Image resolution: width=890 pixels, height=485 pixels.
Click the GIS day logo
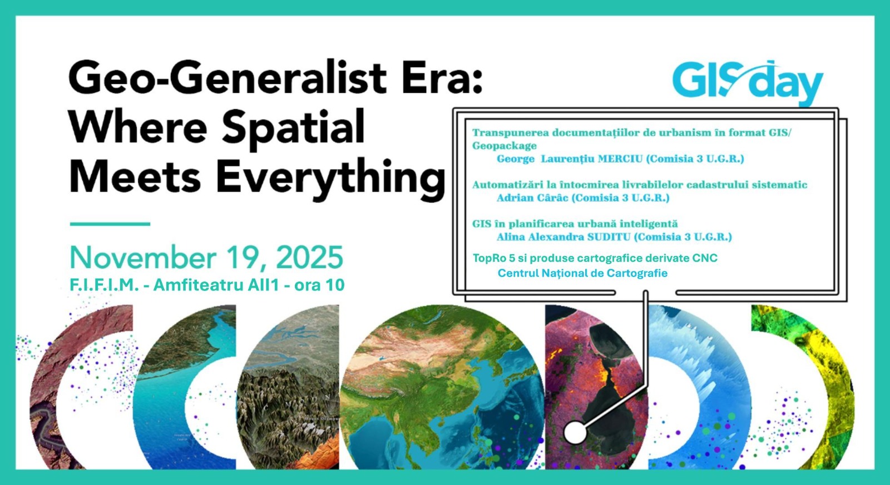pyautogui.click(x=748, y=83)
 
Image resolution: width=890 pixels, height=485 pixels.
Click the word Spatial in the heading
pyautogui.click(x=293, y=128)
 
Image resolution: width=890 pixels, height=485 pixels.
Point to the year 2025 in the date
pyautogui.click(x=309, y=258)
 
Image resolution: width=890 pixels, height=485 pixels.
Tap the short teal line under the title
pyautogui.click(x=110, y=224)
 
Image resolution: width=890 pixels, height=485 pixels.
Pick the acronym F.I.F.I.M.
pyautogui.click(x=103, y=285)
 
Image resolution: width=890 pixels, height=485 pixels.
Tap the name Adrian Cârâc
pyautogui.click(x=532, y=198)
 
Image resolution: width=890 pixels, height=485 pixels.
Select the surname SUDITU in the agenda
pyautogui.click(x=609, y=237)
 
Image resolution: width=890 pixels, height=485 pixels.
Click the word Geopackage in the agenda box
pyautogui.click(x=504, y=146)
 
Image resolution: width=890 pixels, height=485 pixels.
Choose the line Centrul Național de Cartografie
pyautogui.click(x=582, y=273)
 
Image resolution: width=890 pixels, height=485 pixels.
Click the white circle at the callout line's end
pyautogui.click(x=575, y=433)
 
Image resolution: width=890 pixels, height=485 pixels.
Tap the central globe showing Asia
pyautogui.click(x=442, y=387)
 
